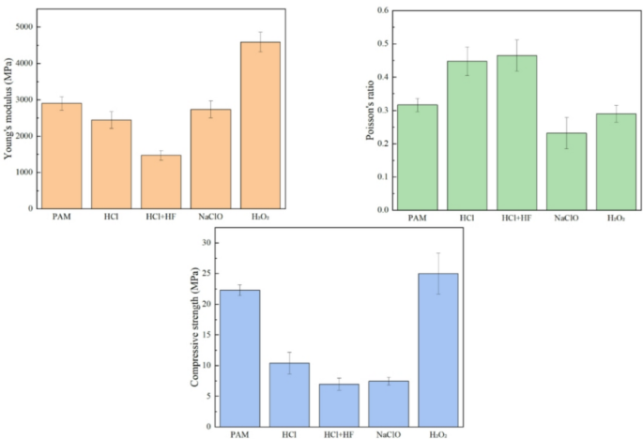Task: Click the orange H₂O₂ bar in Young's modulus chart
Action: (x=260, y=126)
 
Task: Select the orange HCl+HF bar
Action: (x=161, y=182)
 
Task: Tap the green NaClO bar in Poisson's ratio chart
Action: (x=566, y=172)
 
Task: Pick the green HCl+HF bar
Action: (x=516, y=133)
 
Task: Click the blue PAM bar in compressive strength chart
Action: (x=240, y=358)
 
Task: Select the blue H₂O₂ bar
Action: (x=438, y=351)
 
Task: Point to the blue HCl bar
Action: (x=289, y=395)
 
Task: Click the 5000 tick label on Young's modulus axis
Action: (x=24, y=27)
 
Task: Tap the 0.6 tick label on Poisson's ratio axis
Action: (x=383, y=10)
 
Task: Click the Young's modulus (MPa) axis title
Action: (x=8, y=109)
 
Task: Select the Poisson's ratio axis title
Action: (x=370, y=111)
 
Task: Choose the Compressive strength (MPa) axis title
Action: (x=194, y=326)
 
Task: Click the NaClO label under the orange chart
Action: (x=211, y=217)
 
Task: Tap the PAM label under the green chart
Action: (x=418, y=218)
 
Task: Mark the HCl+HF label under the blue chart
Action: (x=339, y=435)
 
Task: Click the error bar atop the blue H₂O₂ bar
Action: (x=438, y=273)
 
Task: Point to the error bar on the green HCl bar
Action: (x=467, y=61)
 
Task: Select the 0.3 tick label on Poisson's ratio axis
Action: (x=383, y=111)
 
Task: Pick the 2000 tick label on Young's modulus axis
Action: (x=24, y=136)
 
